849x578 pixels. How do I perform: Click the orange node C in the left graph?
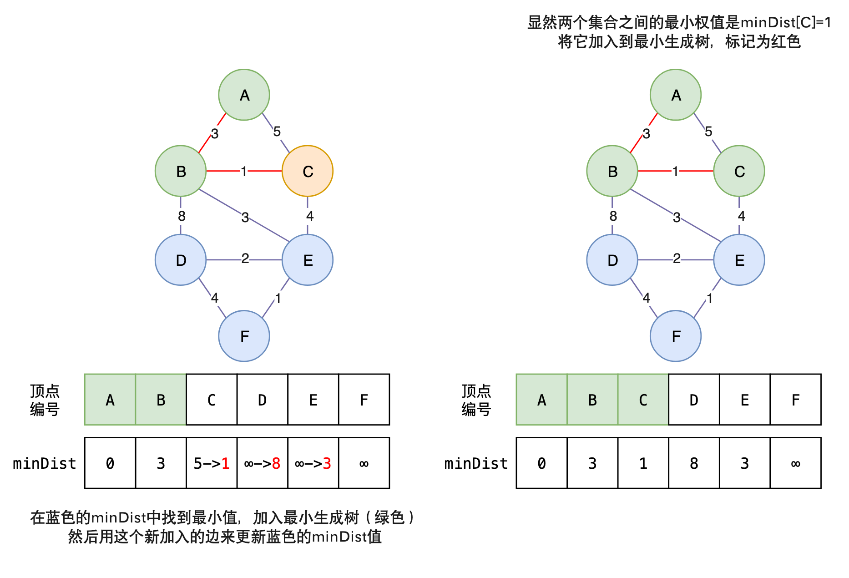click(308, 171)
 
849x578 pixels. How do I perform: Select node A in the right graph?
click(676, 95)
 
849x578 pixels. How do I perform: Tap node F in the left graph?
click(244, 336)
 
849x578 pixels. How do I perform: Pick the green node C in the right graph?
click(739, 171)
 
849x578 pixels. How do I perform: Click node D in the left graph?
click(181, 260)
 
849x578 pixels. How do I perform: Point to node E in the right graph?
click(739, 260)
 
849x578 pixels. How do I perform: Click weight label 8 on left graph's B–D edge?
click(182, 216)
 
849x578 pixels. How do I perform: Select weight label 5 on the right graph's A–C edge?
click(708, 132)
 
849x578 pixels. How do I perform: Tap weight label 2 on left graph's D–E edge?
click(245, 259)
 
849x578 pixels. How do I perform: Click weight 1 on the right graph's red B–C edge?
click(675, 171)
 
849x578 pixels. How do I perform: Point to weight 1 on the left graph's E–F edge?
click(278, 299)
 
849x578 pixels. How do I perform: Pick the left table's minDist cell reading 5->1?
click(212, 463)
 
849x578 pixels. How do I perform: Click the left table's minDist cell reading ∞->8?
click(263, 463)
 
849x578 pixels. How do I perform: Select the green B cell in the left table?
click(161, 400)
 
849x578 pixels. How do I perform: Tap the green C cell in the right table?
click(643, 400)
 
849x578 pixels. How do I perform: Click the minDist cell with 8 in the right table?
click(694, 463)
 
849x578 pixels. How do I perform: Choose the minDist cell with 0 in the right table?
click(541, 463)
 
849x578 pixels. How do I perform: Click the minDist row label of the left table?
click(45, 463)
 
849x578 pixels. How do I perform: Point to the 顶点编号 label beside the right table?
click(476, 400)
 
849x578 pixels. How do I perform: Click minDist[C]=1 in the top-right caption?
click(785, 22)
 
